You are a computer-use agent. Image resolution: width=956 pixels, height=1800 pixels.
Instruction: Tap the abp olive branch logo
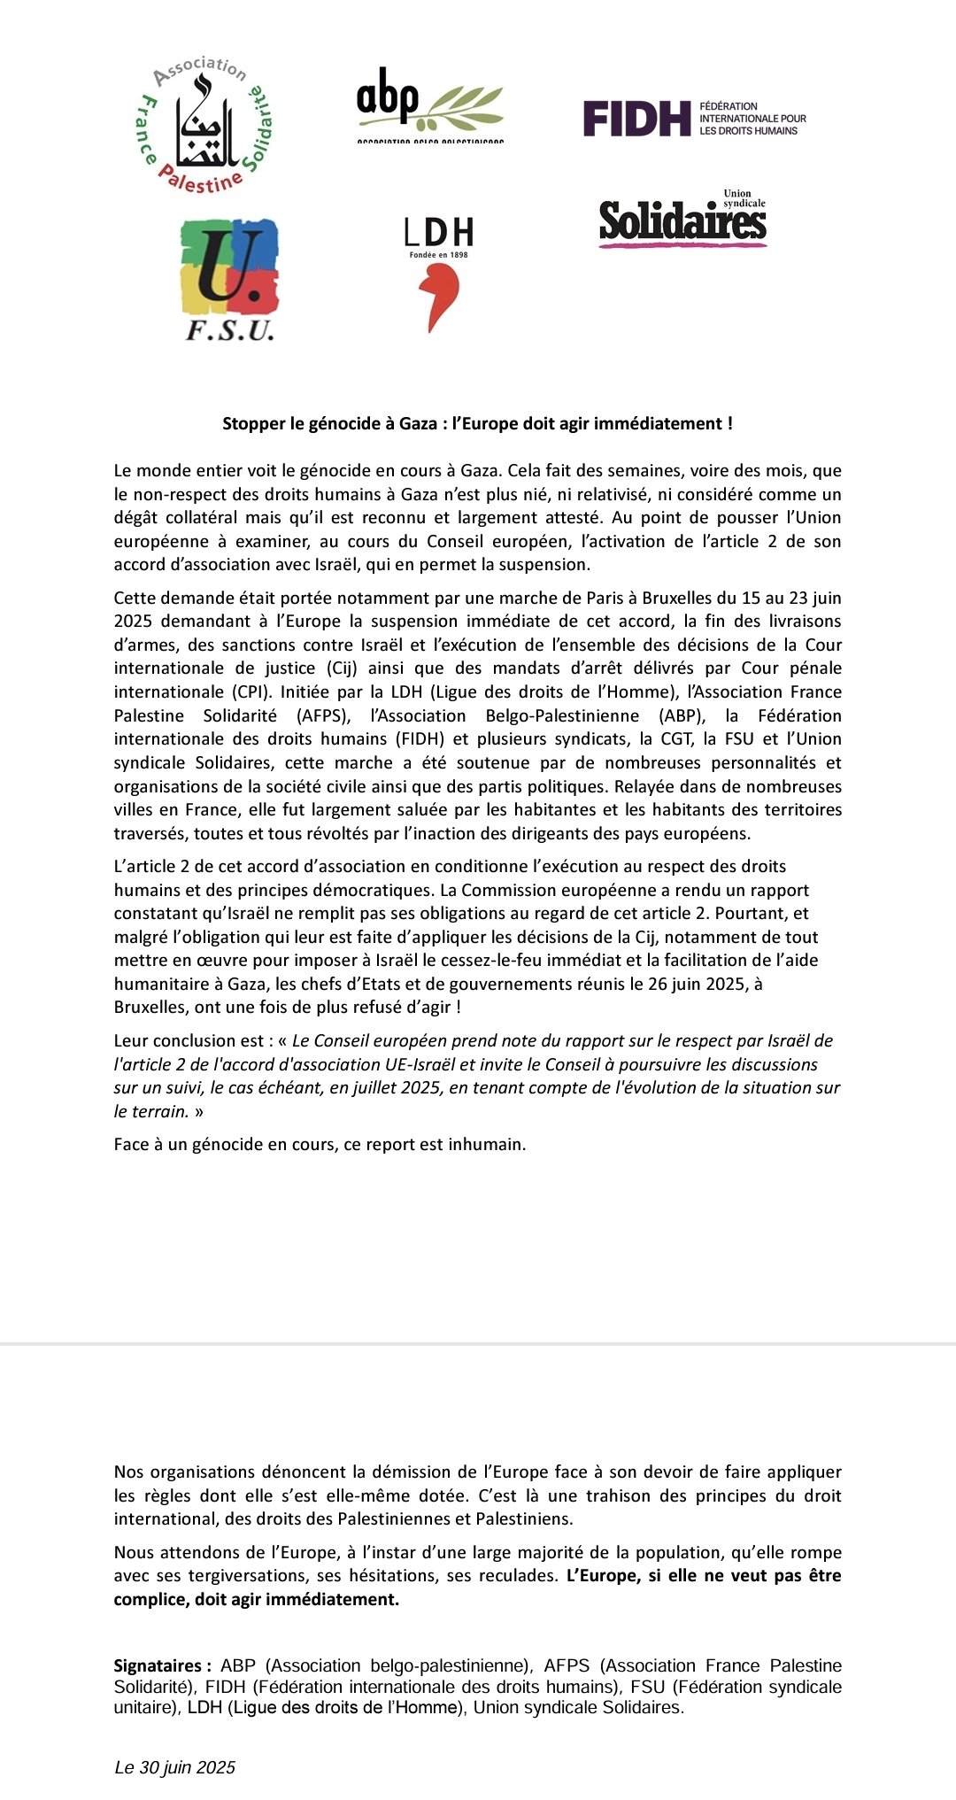pos(430,105)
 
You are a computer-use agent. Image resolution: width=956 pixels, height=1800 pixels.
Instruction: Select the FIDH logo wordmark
pos(636,119)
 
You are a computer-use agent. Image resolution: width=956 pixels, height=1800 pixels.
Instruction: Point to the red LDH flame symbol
pos(436,299)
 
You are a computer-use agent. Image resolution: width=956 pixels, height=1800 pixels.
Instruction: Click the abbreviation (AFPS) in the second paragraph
pos(319,715)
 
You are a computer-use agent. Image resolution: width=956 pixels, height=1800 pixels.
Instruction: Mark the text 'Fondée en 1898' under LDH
pos(438,255)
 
